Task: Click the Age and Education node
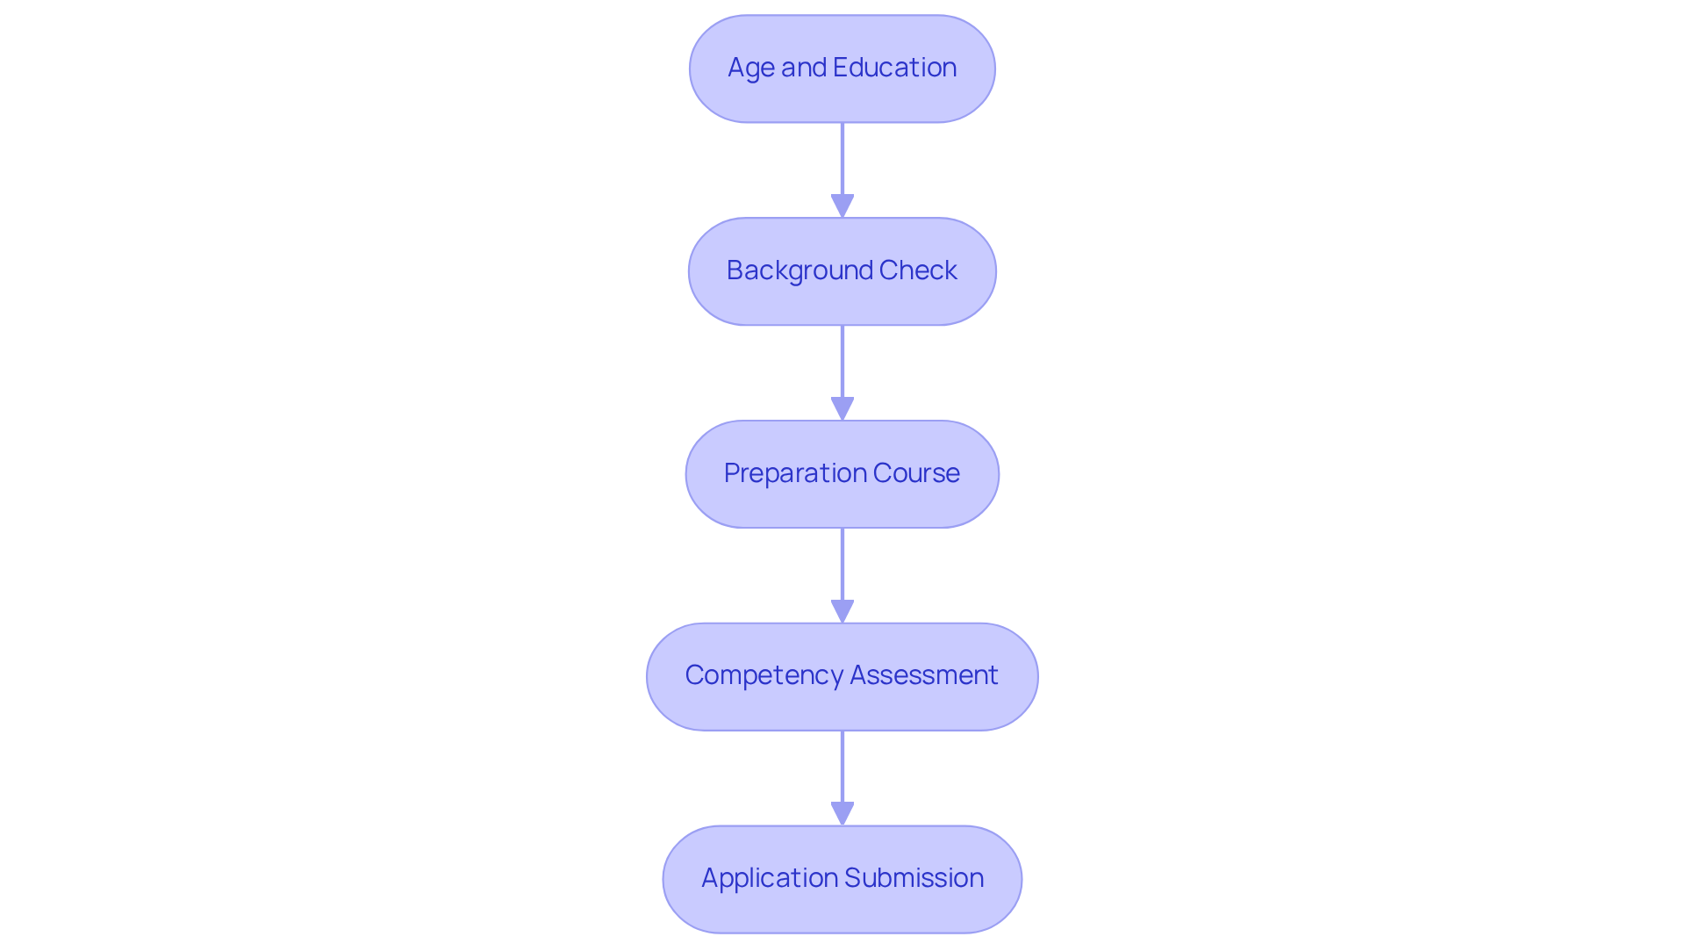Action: click(842, 68)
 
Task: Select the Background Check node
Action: click(842, 271)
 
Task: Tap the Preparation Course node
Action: click(842, 474)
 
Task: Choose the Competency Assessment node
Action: click(842, 676)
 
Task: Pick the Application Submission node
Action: click(842, 879)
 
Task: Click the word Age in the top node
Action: click(751, 68)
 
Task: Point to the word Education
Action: click(894, 68)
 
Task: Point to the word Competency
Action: click(764, 675)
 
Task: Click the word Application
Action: click(769, 878)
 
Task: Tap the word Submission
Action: click(914, 878)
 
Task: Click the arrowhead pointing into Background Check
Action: click(842, 206)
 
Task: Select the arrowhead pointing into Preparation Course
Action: click(842, 409)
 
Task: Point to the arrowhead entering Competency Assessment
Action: click(842, 612)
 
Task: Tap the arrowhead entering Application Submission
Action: click(842, 814)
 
